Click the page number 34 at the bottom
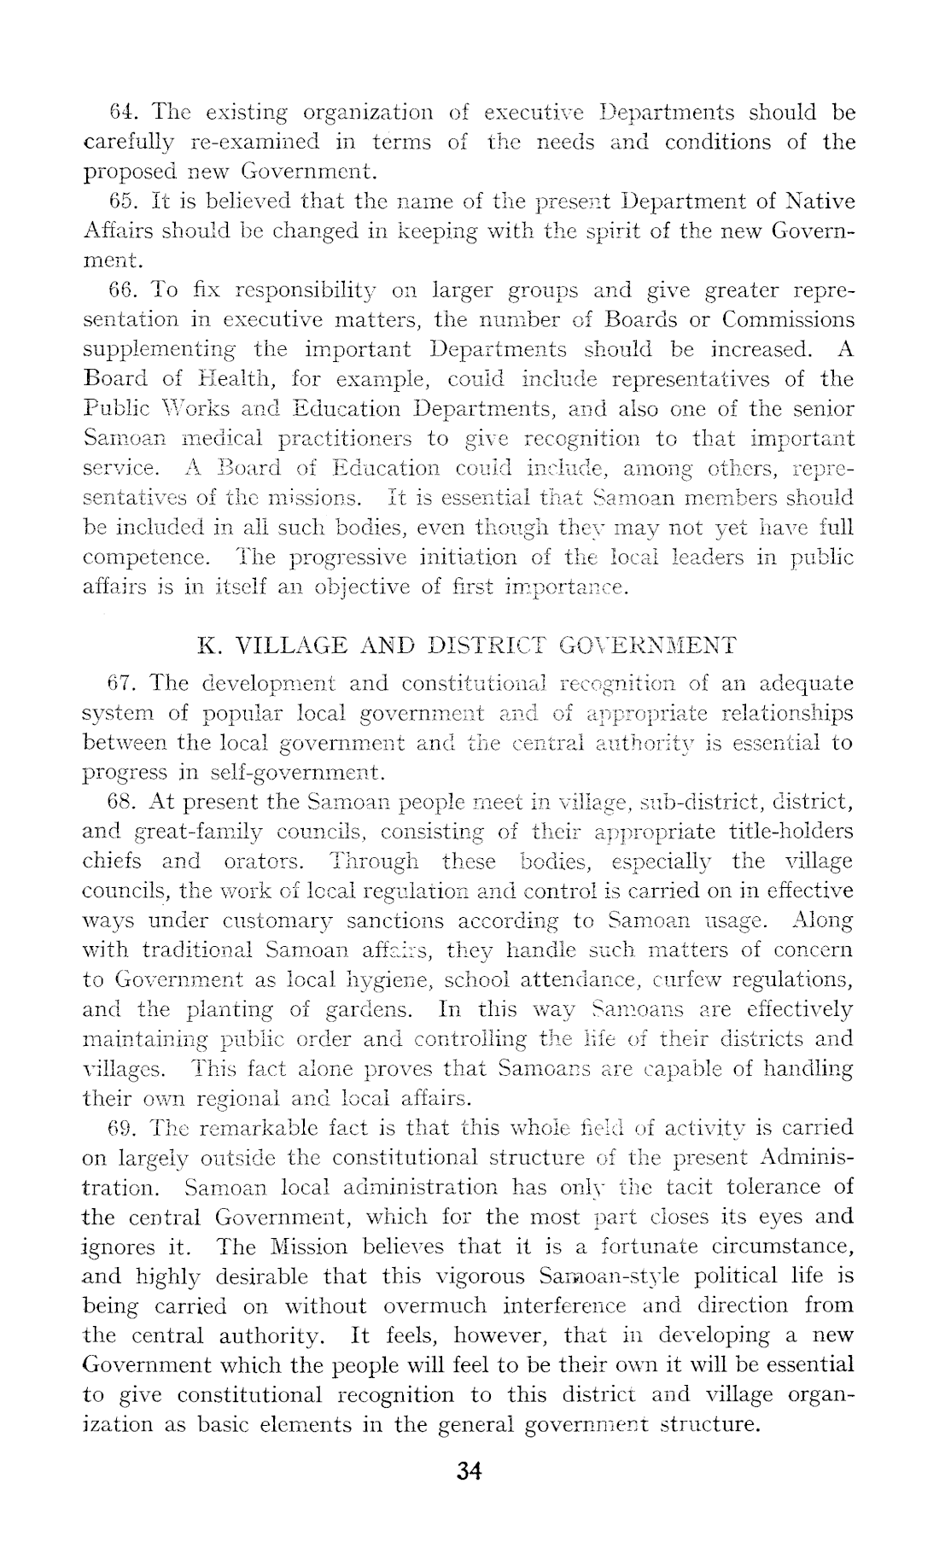click(x=470, y=1471)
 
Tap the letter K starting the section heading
click(x=207, y=645)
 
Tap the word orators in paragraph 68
click(x=261, y=861)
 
